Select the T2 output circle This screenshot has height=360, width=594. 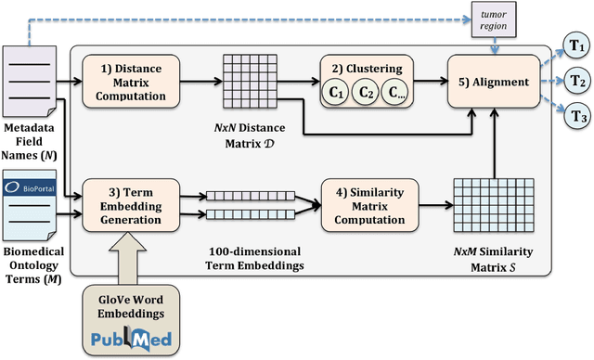point(575,81)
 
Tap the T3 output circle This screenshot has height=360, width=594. point(575,117)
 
